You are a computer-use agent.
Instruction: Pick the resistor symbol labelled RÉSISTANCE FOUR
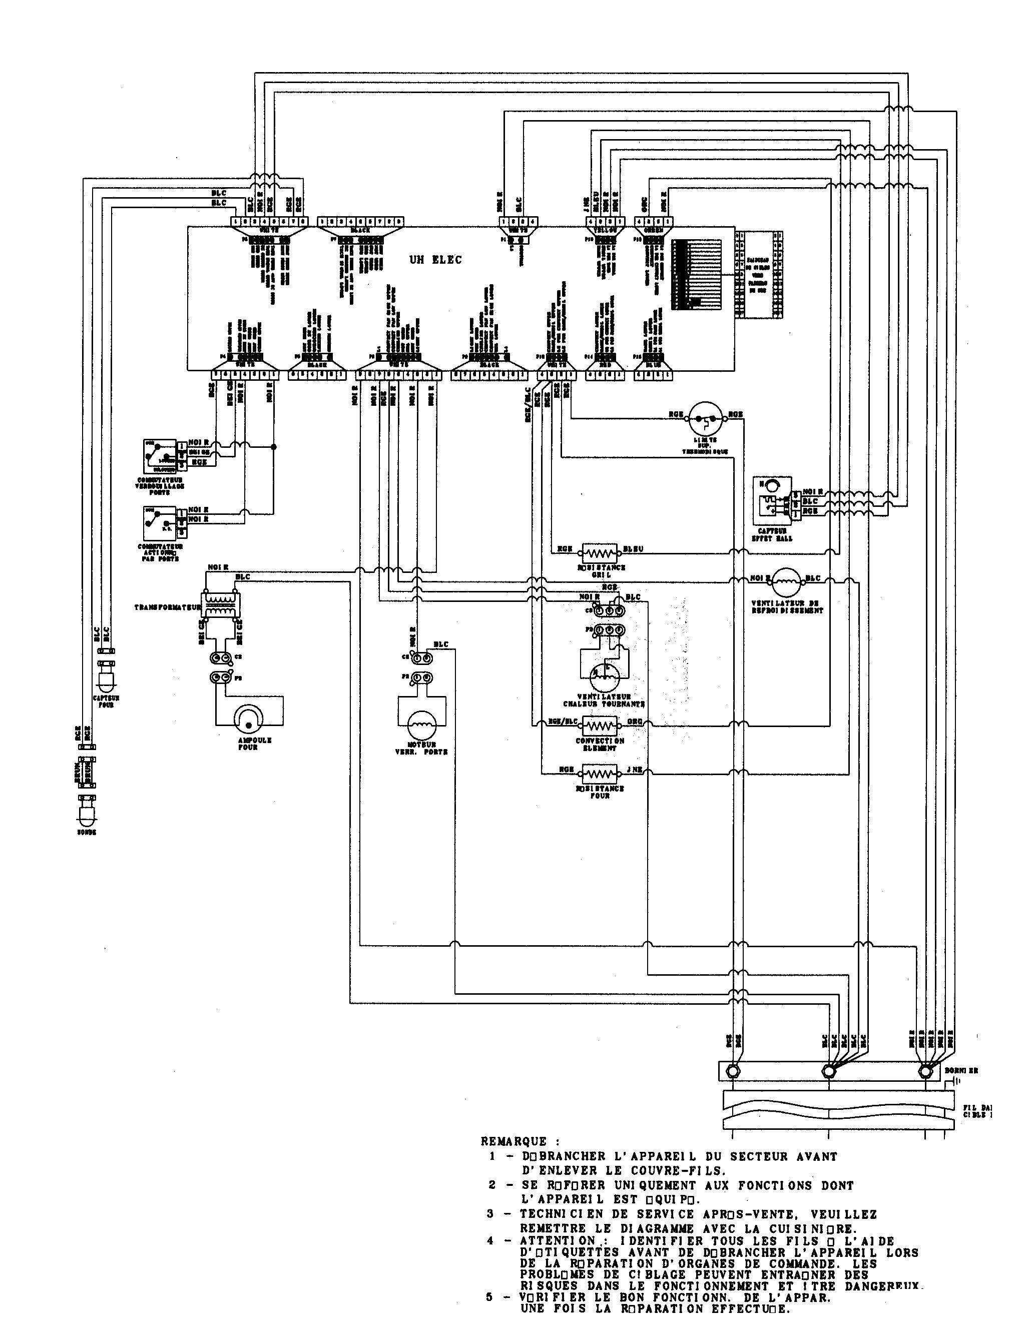(x=600, y=774)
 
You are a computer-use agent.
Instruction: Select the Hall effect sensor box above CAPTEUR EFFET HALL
(x=772, y=500)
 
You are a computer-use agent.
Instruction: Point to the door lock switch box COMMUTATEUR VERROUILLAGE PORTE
(x=160, y=456)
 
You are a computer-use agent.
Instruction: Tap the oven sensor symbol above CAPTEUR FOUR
(x=106, y=678)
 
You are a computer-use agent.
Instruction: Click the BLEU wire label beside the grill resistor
(x=633, y=548)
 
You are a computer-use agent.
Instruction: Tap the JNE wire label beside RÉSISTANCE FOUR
(x=633, y=770)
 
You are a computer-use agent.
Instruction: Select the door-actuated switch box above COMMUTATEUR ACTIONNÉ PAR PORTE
(x=160, y=521)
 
